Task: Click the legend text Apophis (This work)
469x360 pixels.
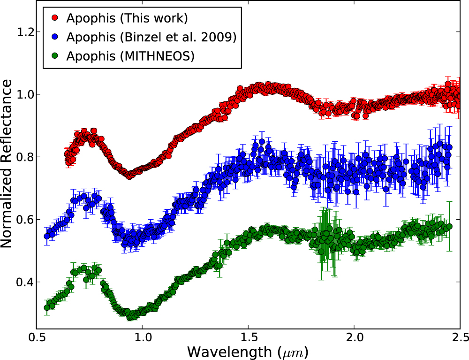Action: pyautogui.click(x=127, y=19)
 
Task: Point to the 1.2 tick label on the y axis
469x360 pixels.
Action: pyautogui.click(x=24, y=32)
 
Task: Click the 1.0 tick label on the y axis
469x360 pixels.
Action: pyautogui.click(x=24, y=94)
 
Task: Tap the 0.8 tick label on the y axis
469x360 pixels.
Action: pyautogui.click(x=24, y=157)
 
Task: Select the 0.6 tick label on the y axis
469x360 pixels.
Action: pyautogui.click(x=24, y=220)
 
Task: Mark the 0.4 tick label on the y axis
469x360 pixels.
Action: pyautogui.click(x=24, y=282)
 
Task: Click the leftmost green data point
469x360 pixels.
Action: pyautogui.click(x=47, y=308)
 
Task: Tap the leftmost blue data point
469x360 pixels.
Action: pyautogui.click(x=47, y=236)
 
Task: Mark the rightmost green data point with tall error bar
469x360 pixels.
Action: pyautogui.click(x=449, y=227)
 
